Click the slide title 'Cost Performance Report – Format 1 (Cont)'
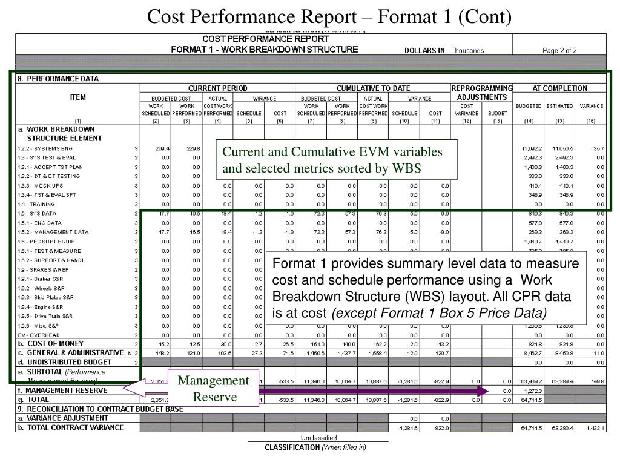330,16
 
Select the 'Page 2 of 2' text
559,51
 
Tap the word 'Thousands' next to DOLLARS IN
467,51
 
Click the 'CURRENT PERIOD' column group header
217,88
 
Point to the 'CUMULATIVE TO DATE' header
373,88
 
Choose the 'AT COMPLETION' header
559,88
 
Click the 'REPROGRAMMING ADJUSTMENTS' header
482,93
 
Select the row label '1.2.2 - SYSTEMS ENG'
45,148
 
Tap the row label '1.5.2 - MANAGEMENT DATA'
53,232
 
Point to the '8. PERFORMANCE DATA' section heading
58,79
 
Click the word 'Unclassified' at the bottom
319,438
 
